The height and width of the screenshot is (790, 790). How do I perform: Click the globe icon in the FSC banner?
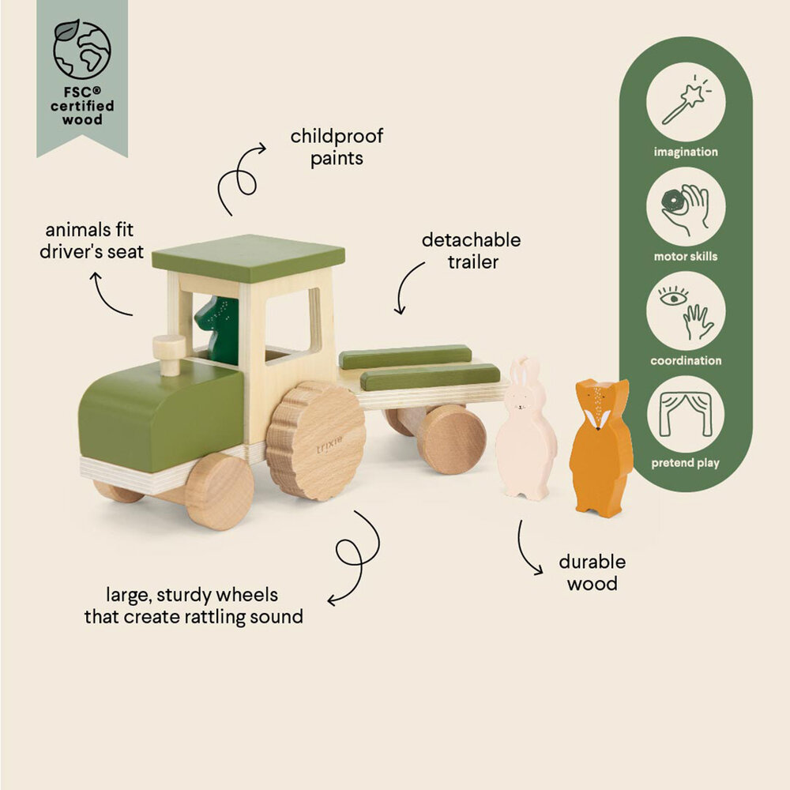(82, 49)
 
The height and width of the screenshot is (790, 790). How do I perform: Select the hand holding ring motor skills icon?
(685, 207)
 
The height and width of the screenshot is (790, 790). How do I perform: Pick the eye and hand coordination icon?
(685, 311)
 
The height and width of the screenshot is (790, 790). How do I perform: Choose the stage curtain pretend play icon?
(685, 414)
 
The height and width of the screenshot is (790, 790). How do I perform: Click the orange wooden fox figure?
(601, 447)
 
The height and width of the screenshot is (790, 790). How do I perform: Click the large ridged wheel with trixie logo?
(315, 440)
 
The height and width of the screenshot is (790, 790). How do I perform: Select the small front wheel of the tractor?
(219, 491)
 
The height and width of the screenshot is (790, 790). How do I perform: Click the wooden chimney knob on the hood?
(168, 354)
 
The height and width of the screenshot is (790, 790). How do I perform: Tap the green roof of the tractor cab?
(248, 258)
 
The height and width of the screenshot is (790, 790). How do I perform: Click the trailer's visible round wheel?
(452, 438)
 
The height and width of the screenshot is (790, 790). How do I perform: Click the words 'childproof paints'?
(337, 147)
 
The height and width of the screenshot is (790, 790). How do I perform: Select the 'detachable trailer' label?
(471, 250)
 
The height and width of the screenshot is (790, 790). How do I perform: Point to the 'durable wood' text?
(592, 573)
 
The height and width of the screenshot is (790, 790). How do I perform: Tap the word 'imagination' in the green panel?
(685, 152)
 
